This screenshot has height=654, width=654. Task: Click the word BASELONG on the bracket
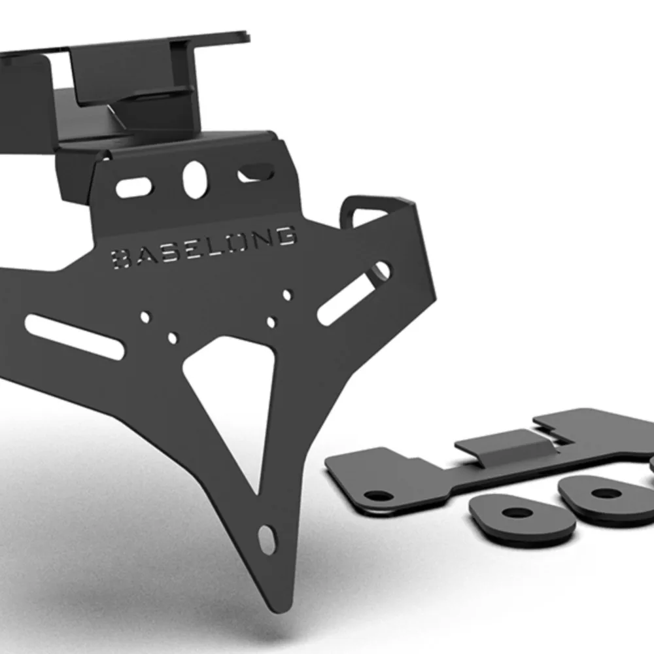click(x=204, y=247)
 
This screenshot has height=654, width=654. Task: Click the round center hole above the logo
click(x=195, y=179)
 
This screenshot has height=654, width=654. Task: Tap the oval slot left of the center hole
click(x=134, y=187)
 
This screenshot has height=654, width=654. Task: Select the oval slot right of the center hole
click(x=256, y=173)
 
